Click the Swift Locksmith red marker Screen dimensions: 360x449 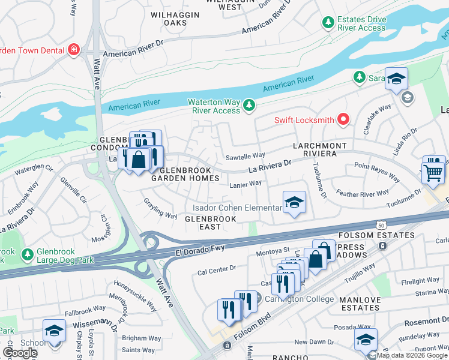tap(343, 120)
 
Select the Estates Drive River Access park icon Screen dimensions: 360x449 tap(328, 23)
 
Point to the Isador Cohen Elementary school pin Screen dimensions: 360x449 tap(294, 203)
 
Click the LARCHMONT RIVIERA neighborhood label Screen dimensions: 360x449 tap(320, 150)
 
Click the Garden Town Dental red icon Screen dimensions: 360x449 tap(73, 49)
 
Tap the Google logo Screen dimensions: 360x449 tap(20, 353)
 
